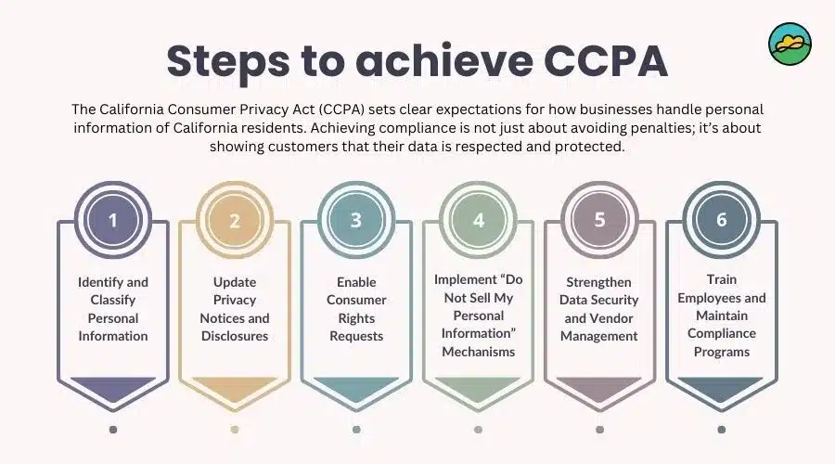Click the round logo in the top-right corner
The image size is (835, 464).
[x=790, y=43]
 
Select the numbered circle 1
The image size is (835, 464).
[x=113, y=221]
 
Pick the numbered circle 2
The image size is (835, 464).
[x=235, y=221]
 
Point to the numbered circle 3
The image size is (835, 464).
[x=356, y=221]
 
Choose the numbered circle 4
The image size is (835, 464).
[x=478, y=221]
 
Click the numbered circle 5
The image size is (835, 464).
[x=599, y=221]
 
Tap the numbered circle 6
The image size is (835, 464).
[x=721, y=221]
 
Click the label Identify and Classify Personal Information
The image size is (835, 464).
[x=113, y=308]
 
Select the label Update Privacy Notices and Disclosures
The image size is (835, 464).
[x=235, y=308]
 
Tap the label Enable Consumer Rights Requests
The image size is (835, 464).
[x=356, y=308]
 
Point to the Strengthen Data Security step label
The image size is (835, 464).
[x=599, y=308]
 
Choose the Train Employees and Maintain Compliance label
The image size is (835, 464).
[x=721, y=316]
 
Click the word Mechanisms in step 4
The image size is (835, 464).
[x=478, y=352]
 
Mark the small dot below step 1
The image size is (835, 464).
[x=113, y=430]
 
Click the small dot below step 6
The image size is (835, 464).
[x=721, y=430]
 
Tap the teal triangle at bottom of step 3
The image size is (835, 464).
[x=356, y=388]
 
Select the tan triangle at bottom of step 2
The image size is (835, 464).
[x=235, y=388]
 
